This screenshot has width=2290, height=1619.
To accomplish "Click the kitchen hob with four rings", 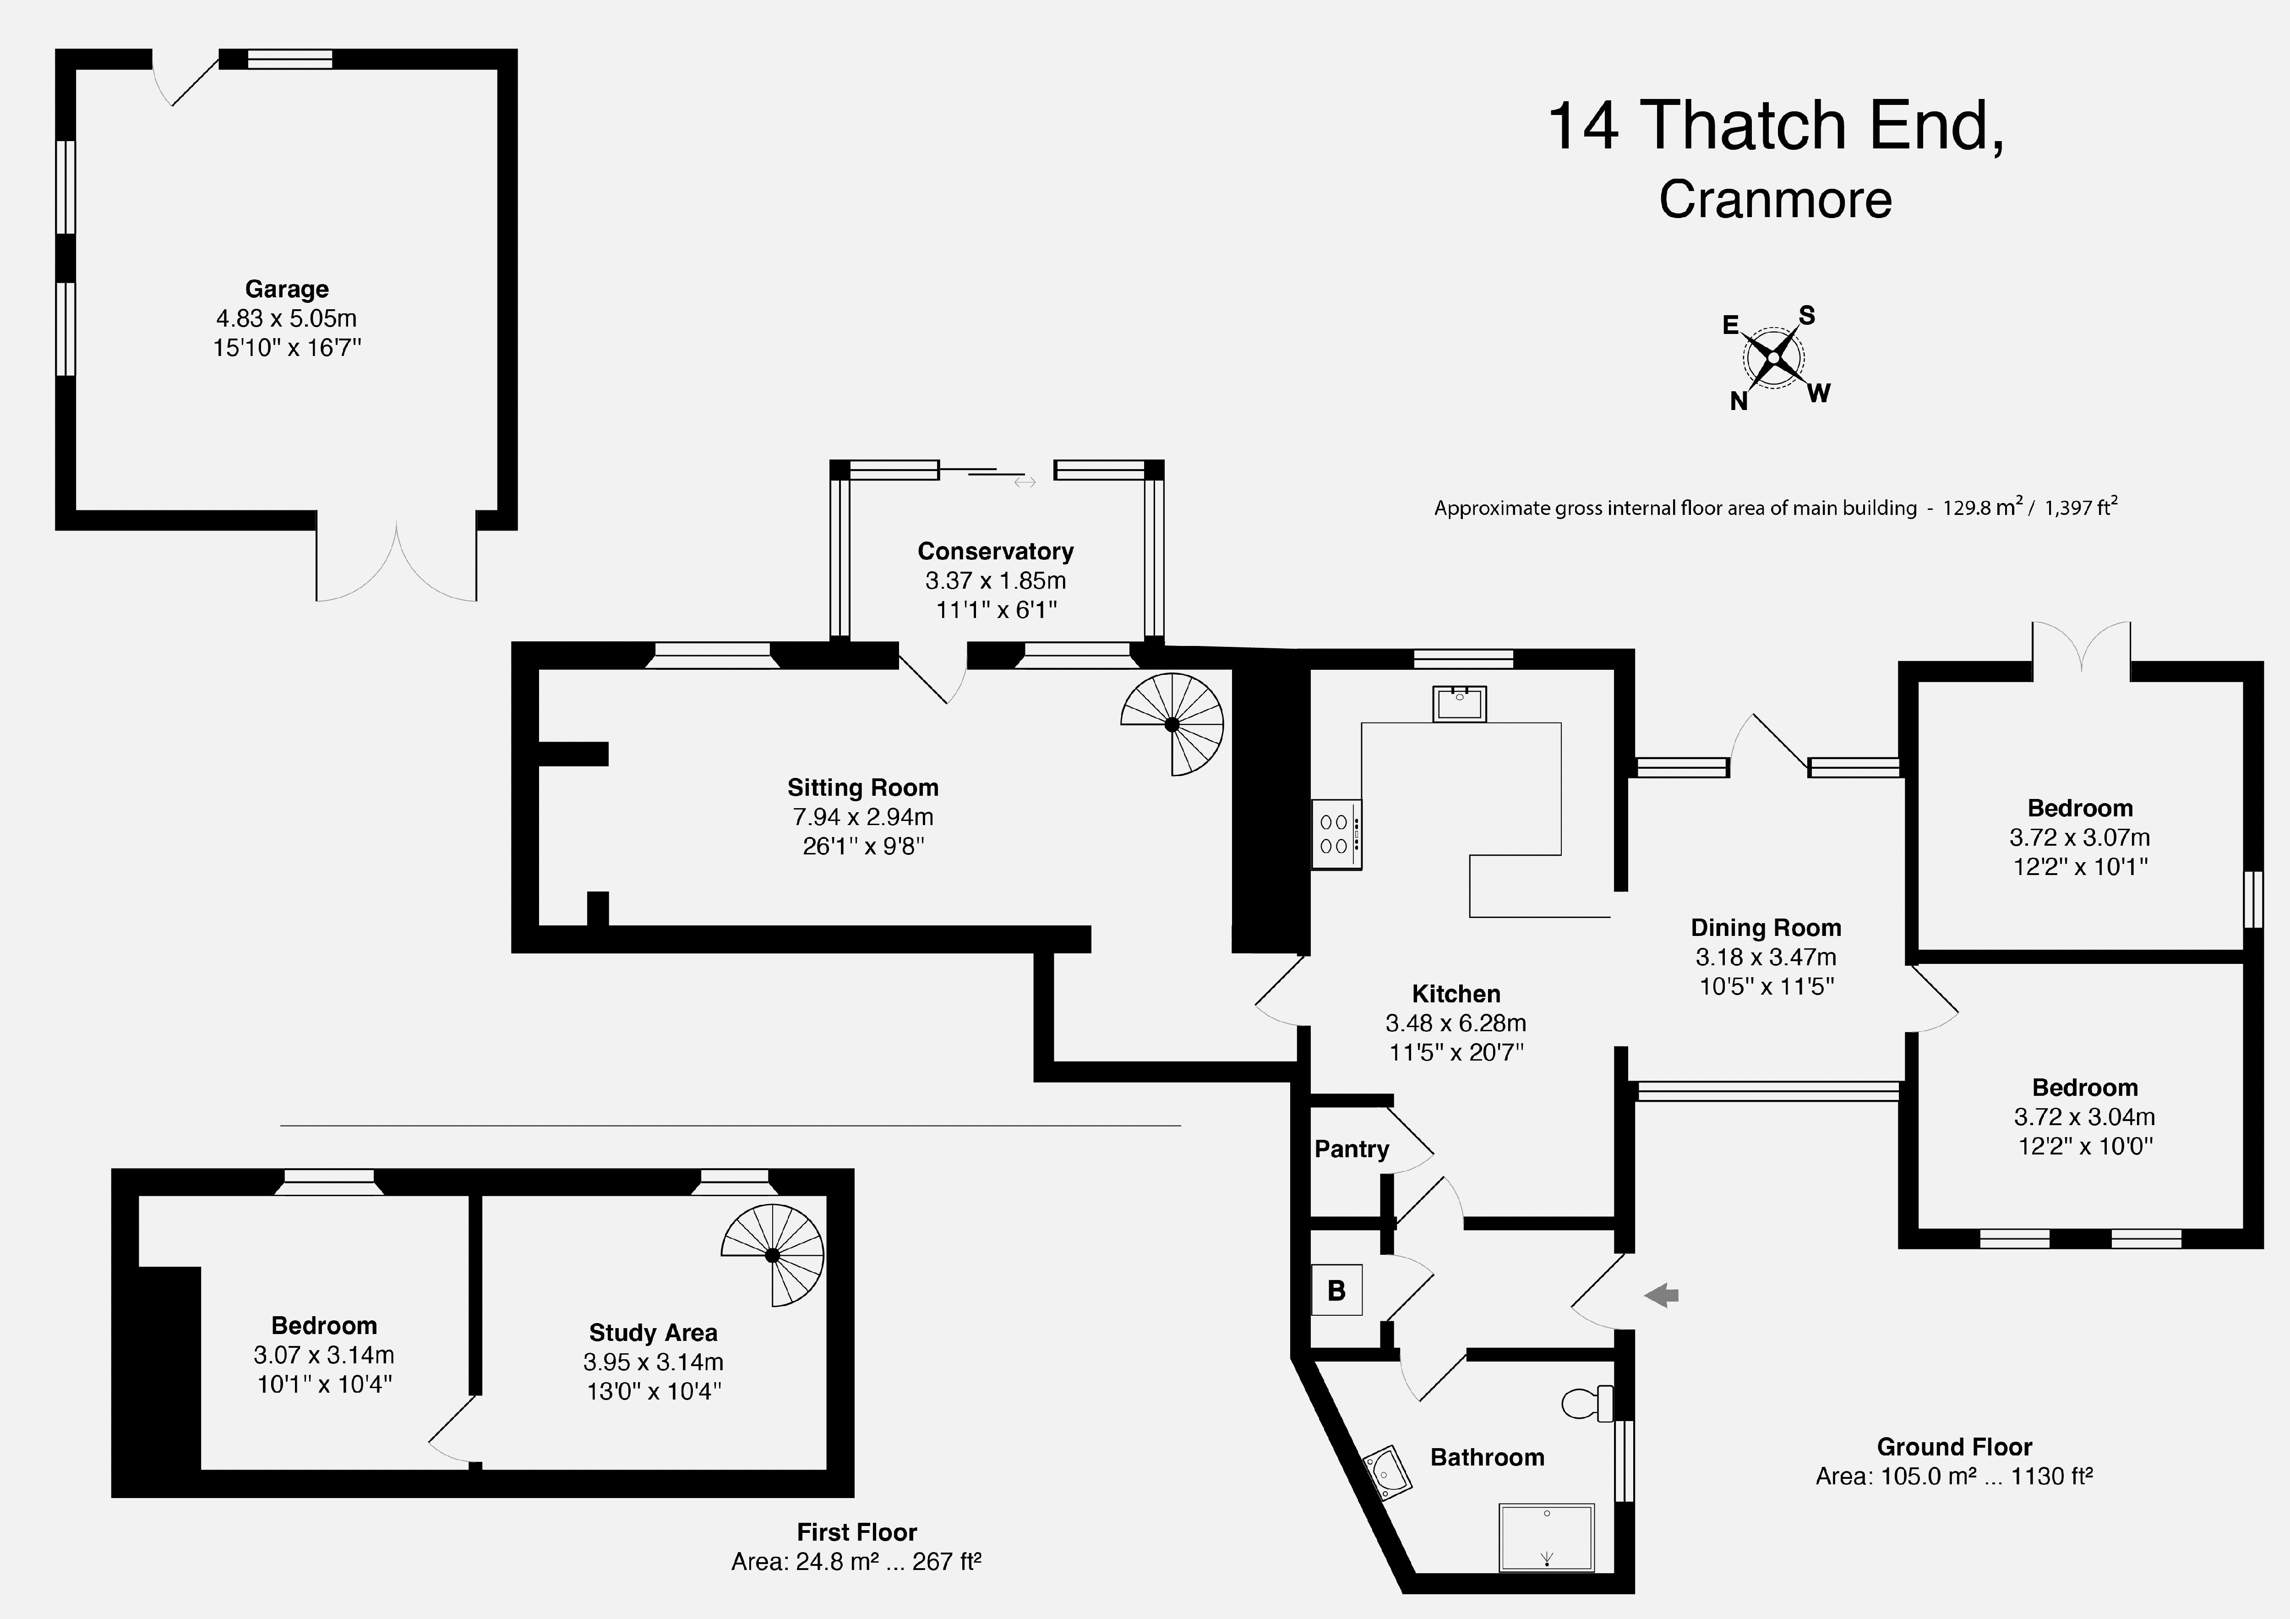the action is click(1336, 834).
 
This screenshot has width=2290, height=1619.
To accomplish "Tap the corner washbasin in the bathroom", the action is click(1386, 1473).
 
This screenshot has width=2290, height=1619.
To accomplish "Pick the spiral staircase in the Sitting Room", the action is click(1173, 724).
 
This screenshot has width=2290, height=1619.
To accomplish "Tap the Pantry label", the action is click(1352, 1149).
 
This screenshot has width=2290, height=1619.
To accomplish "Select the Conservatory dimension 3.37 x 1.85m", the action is click(995, 580).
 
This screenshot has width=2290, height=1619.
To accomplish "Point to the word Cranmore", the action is click(1775, 199).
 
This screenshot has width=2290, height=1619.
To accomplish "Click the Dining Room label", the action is click(1766, 928).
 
